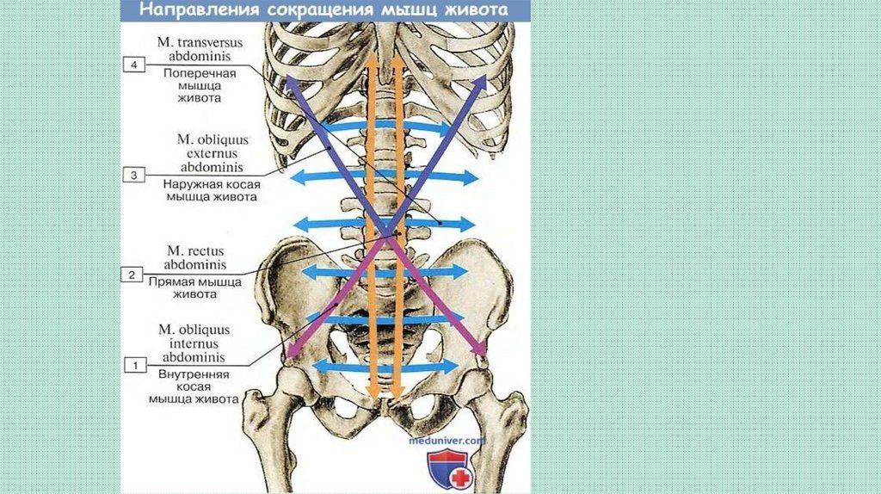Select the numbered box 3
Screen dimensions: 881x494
point(132,176)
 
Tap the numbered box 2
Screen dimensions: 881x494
point(132,275)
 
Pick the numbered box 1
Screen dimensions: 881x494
point(133,366)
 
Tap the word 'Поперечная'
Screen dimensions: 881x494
point(200,72)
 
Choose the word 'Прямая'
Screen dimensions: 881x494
point(176,281)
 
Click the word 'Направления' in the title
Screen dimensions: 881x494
point(200,12)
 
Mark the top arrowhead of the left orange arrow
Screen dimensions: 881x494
point(372,62)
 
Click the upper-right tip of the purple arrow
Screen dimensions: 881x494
point(484,77)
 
